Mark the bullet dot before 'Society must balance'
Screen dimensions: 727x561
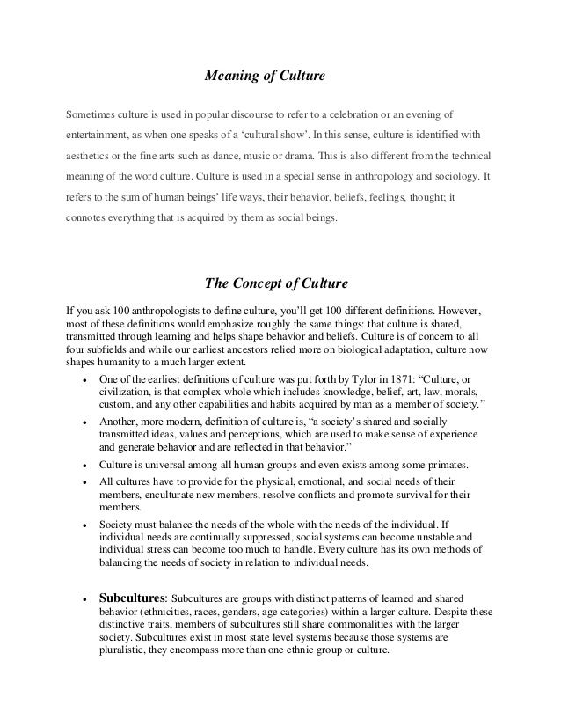point(82,525)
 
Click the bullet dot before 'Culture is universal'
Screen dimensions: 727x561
point(82,465)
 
